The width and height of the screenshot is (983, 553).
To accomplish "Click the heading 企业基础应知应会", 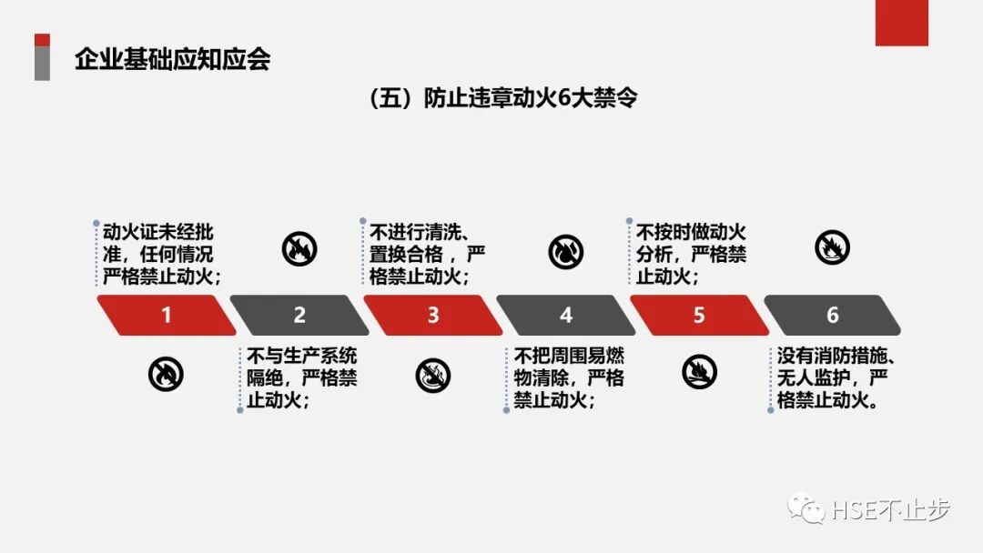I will (x=173, y=60).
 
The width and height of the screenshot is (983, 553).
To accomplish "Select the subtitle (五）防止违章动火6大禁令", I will (x=503, y=98).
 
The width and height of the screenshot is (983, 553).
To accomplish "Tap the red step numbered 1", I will (x=167, y=316).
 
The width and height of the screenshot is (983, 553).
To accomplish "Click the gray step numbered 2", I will (x=299, y=316).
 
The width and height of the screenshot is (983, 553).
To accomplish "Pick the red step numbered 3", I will (x=433, y=316).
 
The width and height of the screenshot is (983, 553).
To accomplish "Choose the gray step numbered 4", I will (x=566, y=316).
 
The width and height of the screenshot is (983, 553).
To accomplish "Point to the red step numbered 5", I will (x=699, y=316).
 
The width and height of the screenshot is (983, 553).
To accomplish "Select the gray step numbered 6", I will (x=832, y=316).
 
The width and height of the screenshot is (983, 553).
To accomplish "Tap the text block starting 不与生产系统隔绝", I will (x=301, y=377).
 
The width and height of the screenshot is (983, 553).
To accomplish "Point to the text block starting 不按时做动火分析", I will (x=691, y=253).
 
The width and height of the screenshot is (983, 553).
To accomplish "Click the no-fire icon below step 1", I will (x=166, y=373).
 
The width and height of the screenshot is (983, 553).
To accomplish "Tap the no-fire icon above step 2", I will (x=299, y=248).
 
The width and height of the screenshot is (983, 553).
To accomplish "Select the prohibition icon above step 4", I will (x=566, y=252).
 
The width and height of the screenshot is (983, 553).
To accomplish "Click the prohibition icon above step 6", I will (x=832, y=247).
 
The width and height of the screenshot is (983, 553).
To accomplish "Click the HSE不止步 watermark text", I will (x=891, y=511).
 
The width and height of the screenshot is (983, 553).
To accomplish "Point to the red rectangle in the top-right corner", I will (x=901, y=23).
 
